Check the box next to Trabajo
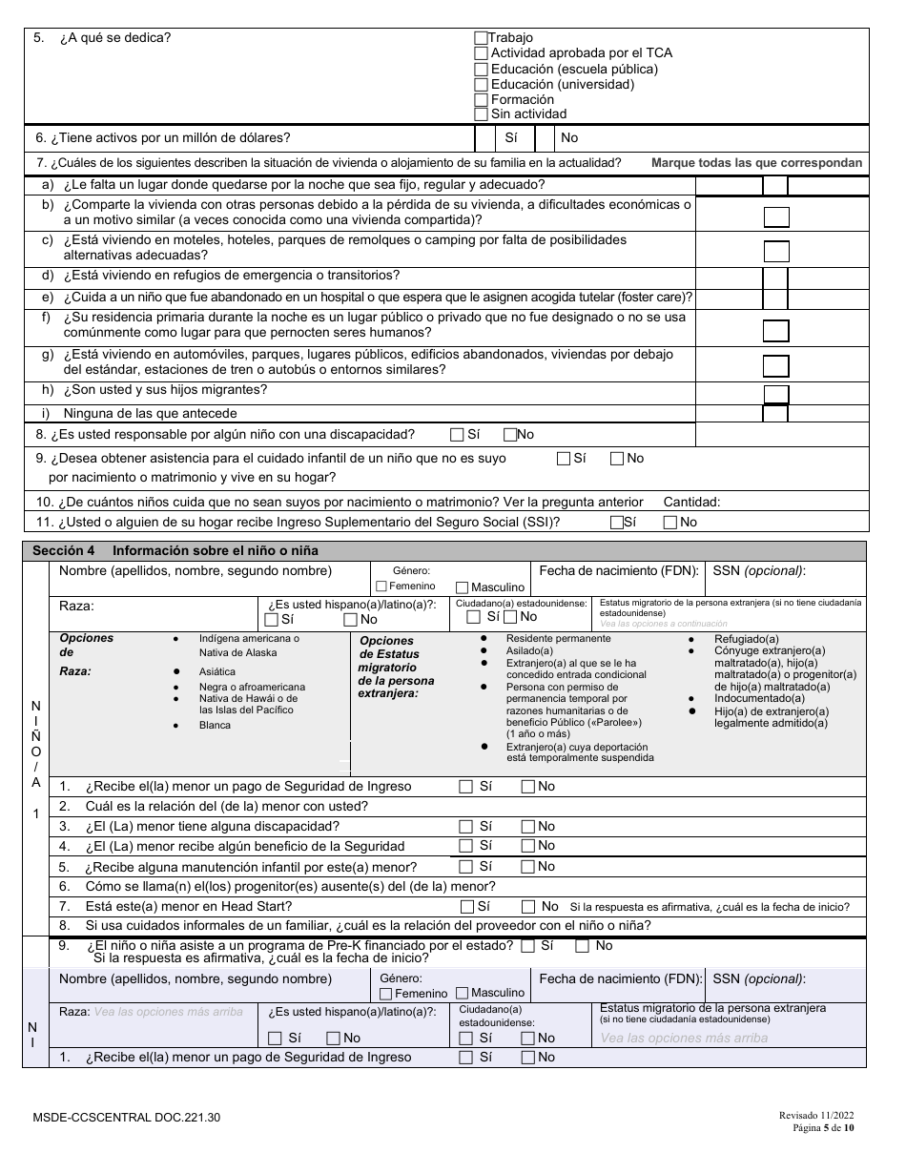click(481, 38)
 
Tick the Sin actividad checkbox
click(481, 114)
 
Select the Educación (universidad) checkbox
click(481, 84)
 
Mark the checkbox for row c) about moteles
click(776, 252)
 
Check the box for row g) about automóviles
click(776, 366)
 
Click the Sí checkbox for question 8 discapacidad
click(458, 435)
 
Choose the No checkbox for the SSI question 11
click(669, 523)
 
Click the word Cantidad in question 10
click(691, 502)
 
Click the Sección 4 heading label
click(63, 551)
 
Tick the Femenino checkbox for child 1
click(381, 586)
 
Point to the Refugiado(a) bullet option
click(747, 639)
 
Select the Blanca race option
click(215, 725)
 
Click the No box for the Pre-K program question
click(582, 946)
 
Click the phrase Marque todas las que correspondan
click(756, 163)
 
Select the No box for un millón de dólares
click(546, 138)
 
